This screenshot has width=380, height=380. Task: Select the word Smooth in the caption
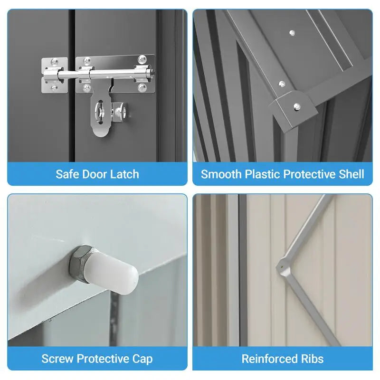[x=221, y=174]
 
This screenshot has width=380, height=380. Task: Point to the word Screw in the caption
[x=57, y=359]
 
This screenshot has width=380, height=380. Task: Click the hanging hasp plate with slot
[x=101, y=110]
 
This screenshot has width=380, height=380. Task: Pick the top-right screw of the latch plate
[x=142, y=59]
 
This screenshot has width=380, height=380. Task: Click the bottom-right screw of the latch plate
[x=142, y=87]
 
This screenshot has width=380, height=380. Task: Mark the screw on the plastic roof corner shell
[x=297, y=106]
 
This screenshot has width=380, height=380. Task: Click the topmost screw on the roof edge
[x=292, y=33]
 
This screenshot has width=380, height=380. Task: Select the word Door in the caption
[x=94, y=174]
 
